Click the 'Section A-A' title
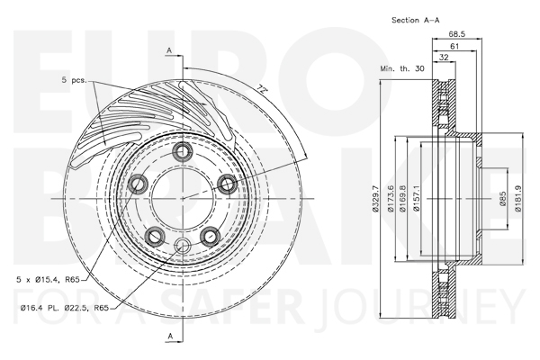pyautogui.click(x=415, y=21)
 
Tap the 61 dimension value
pyautogui.click(x=454, y=46)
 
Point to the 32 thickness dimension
pyautogui.click(x=445, y=58)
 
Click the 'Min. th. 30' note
pyautogui.click(x=402, y=68)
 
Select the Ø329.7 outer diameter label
pyautogui.click(x=375, y=199)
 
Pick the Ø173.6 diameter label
pyautogui.click(x=391, y=199)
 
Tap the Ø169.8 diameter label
pyautogui.click(x=403, y=199)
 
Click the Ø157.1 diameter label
pyautogui.click(x=416, y=199)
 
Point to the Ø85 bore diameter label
pyautogui.click(x=502, y=199)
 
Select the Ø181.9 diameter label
pyautogui.click(x=517, y=199)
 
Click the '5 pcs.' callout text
pyautogui.click(x=75, y=80)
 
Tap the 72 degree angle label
pyautogui.click(x=263, y=89)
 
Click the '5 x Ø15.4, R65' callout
pyautogui.click(x=49, y=280)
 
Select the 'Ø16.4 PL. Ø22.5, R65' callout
pyautogui.click(x=65, y=308)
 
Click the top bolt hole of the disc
pyautogui.click(x=182, y=151)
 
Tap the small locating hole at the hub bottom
pyautogui.click(x=182, y=246)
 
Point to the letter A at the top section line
pyautogui.click(x=169, y=50)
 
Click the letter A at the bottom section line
pyautogui.click(x=170, y=336)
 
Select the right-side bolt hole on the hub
pyautogui.click(x=228, y=184)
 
